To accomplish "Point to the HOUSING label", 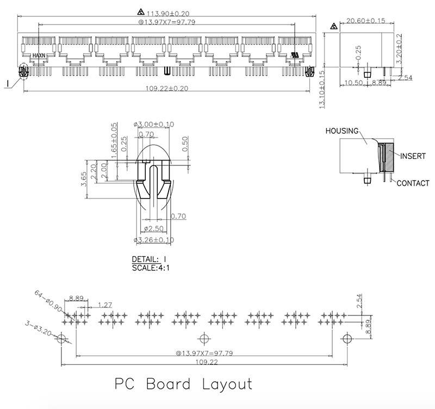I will coord(342,131).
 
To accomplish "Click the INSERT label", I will coord(413,156).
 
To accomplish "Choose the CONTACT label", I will coord(413,183).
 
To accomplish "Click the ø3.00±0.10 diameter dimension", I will coord(154,124).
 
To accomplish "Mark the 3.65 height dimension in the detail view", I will coord(84,179).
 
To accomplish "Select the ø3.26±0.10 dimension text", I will coord(154,239).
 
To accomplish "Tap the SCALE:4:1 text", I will coord(151,268).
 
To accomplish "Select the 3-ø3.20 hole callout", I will coord(40,329).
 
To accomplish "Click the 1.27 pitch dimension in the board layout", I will coord(105,305).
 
